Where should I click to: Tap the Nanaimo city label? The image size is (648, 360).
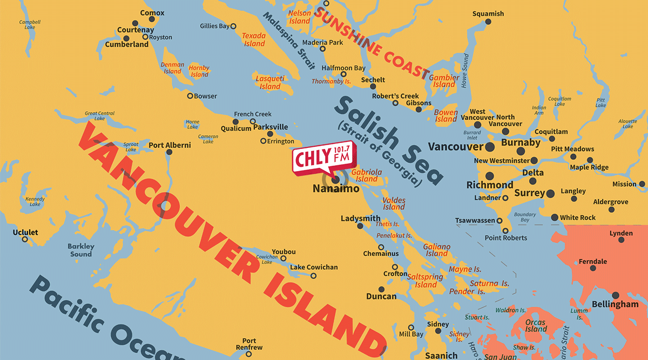tap(336, 189)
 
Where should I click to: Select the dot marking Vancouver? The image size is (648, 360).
tap(490, 147)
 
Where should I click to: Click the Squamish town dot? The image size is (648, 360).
tap(488, 22)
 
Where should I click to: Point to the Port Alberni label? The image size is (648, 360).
tap(170, 145)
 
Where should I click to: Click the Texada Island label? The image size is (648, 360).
tap(254, 39)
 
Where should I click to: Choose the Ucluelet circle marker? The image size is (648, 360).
tap(24, 239)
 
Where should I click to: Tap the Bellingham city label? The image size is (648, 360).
tap(615, 304)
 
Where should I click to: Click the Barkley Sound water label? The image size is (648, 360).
tap(80, 250)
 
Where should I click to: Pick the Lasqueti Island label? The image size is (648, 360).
tap(269, 83)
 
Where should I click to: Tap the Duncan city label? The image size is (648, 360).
tap(381, 296)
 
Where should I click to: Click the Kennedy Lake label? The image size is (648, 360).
tap(35, 201)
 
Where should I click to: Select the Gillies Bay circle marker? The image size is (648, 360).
tap(233, 26)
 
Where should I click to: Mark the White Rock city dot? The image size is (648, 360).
tap(555, 218)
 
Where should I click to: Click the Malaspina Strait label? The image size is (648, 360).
tap(289, 41)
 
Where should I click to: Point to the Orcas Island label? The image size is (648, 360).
tap(536, 325)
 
